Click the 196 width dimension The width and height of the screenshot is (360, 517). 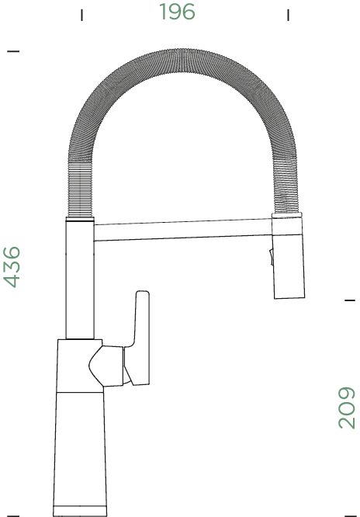(x=177, y=12)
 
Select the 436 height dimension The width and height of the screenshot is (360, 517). (x=12, y=266)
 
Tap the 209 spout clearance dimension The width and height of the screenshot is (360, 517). (x=346, y=408)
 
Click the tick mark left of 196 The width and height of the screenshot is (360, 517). (x=82, y=14)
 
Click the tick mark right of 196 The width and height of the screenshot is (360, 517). (x=288, y=14)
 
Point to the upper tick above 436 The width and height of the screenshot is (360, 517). (x=12, y=51)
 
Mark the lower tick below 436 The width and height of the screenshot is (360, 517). (x=12, y=513)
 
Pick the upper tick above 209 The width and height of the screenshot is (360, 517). (x=348, y=299)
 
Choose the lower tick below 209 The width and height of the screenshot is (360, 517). (x=348, y=513)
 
